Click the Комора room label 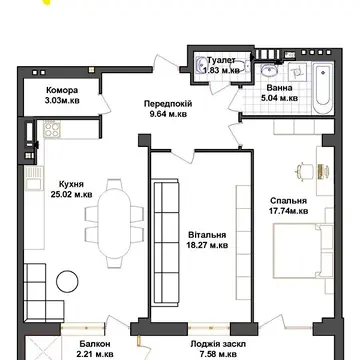tap(62, 90)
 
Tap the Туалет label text tap(221, 60)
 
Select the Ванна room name tap(279, 88)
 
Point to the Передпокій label tap(168, 104)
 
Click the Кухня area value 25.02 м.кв tap(71, 194)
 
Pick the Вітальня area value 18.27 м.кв tap(207, 245)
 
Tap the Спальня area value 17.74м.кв tap(289, 211)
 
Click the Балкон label tap(95, 344)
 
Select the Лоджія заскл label tap(218, 344)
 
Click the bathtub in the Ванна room tap(323, 89)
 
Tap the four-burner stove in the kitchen tap(52, 129)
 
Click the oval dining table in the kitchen tap(114, 223)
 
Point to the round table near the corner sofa tap(67, 281)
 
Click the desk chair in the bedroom tap(304, 171)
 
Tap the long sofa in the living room tap(166, 242)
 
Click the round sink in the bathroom tap(269, 71)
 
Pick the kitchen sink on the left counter tap(34, 178)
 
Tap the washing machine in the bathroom tap(297, 72)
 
